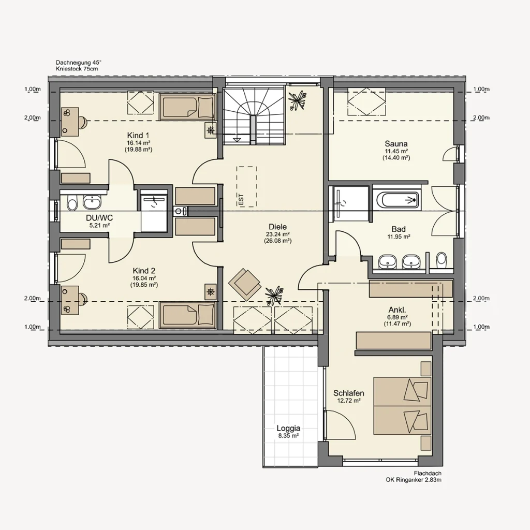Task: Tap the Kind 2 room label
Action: pyautogui.click(x=144, y=271)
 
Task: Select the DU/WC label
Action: pyautogui.click(x=99, y=218)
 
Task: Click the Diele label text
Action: pyautogui.click(x=277, y=227)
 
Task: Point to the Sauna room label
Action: pyautogui.click(x=396, y=144)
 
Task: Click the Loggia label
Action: pyautogui.click(x=288, y=428)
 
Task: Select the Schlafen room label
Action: pyautogui.click(x=348, y=393)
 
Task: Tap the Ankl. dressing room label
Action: pyautogui.click(x=397, y=309)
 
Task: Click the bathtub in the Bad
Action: pyautogui.click(x=396, y=199)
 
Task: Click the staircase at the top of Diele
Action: pyautogui.click(x=253, y=116)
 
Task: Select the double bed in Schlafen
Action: pyautogui.click(x=402, y=406)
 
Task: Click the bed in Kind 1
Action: pyautogui.click(x=186, y=107)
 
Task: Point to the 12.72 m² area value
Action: pyautogui.click(x=348, y=401)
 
